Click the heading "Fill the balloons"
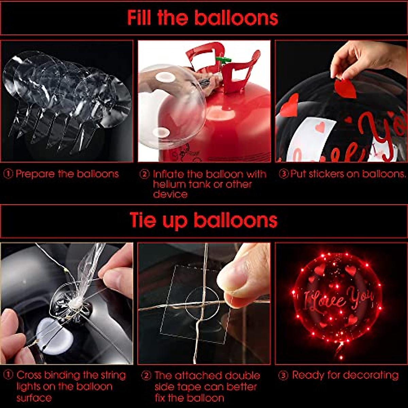203,18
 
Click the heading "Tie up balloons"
203,221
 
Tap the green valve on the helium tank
222,61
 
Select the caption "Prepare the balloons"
67,174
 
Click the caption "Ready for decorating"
345,375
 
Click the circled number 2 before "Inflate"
145,174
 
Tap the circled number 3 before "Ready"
283,375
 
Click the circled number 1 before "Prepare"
8,174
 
